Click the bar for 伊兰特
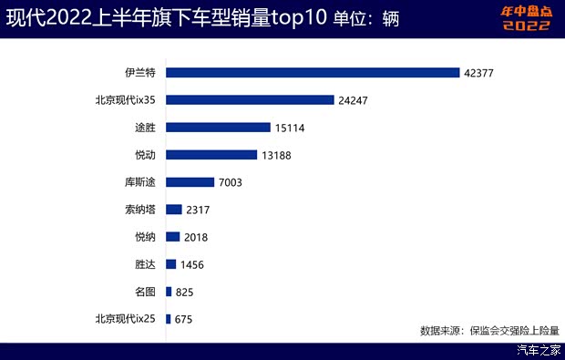(x=312, y=73)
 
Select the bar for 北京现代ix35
(x=250, y=100)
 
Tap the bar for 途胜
(x=218, y=128)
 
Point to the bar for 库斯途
(x=190, y=182)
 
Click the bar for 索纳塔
(x=174, y=210)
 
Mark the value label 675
(x=183, y=319)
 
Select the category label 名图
(x=145, y=292)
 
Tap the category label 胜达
(x=145, y=264)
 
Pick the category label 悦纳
(x=145, y=237)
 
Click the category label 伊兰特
(x=140, y=73)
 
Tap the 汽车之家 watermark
(x=539, y=351)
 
